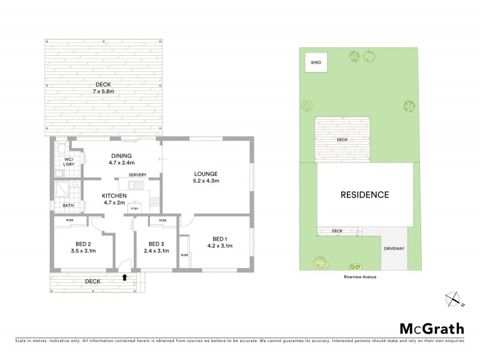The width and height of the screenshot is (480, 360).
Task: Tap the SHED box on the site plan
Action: click(x=316, y=62)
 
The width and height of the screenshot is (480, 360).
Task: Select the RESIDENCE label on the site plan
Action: click(x=365, y=194)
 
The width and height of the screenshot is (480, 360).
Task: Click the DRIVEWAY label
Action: click(x=394, y=247)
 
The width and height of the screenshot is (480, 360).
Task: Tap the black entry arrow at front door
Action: click(x=124, y=277)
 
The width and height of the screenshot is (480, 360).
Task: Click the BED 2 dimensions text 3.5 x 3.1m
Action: click(x=83, y=251)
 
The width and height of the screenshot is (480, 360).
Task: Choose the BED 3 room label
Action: click(x=156, y=244)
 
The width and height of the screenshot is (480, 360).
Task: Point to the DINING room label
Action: click(x=121, y=155)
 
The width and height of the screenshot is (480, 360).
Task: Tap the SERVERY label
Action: click(x=137, y=175)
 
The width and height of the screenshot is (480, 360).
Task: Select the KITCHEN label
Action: click(x=113, y=196)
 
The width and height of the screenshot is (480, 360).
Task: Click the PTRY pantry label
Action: click(x=134, y=209)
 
